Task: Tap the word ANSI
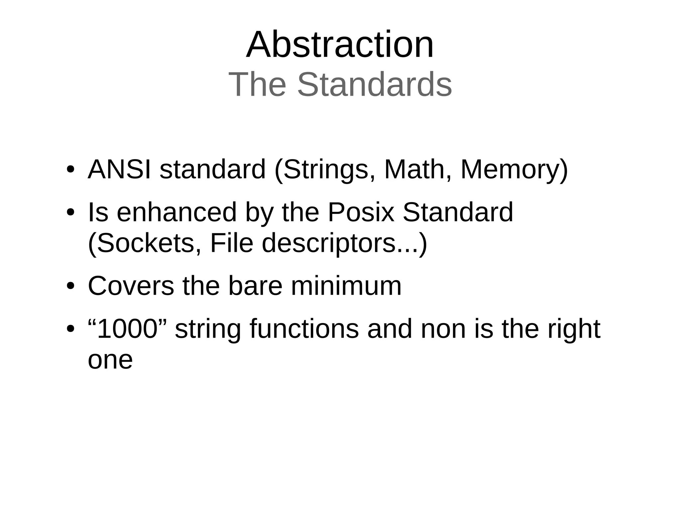119,169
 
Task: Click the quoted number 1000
127,329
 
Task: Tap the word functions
304,329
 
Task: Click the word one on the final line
110,360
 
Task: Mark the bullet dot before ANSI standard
70,169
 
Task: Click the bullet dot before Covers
70,286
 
